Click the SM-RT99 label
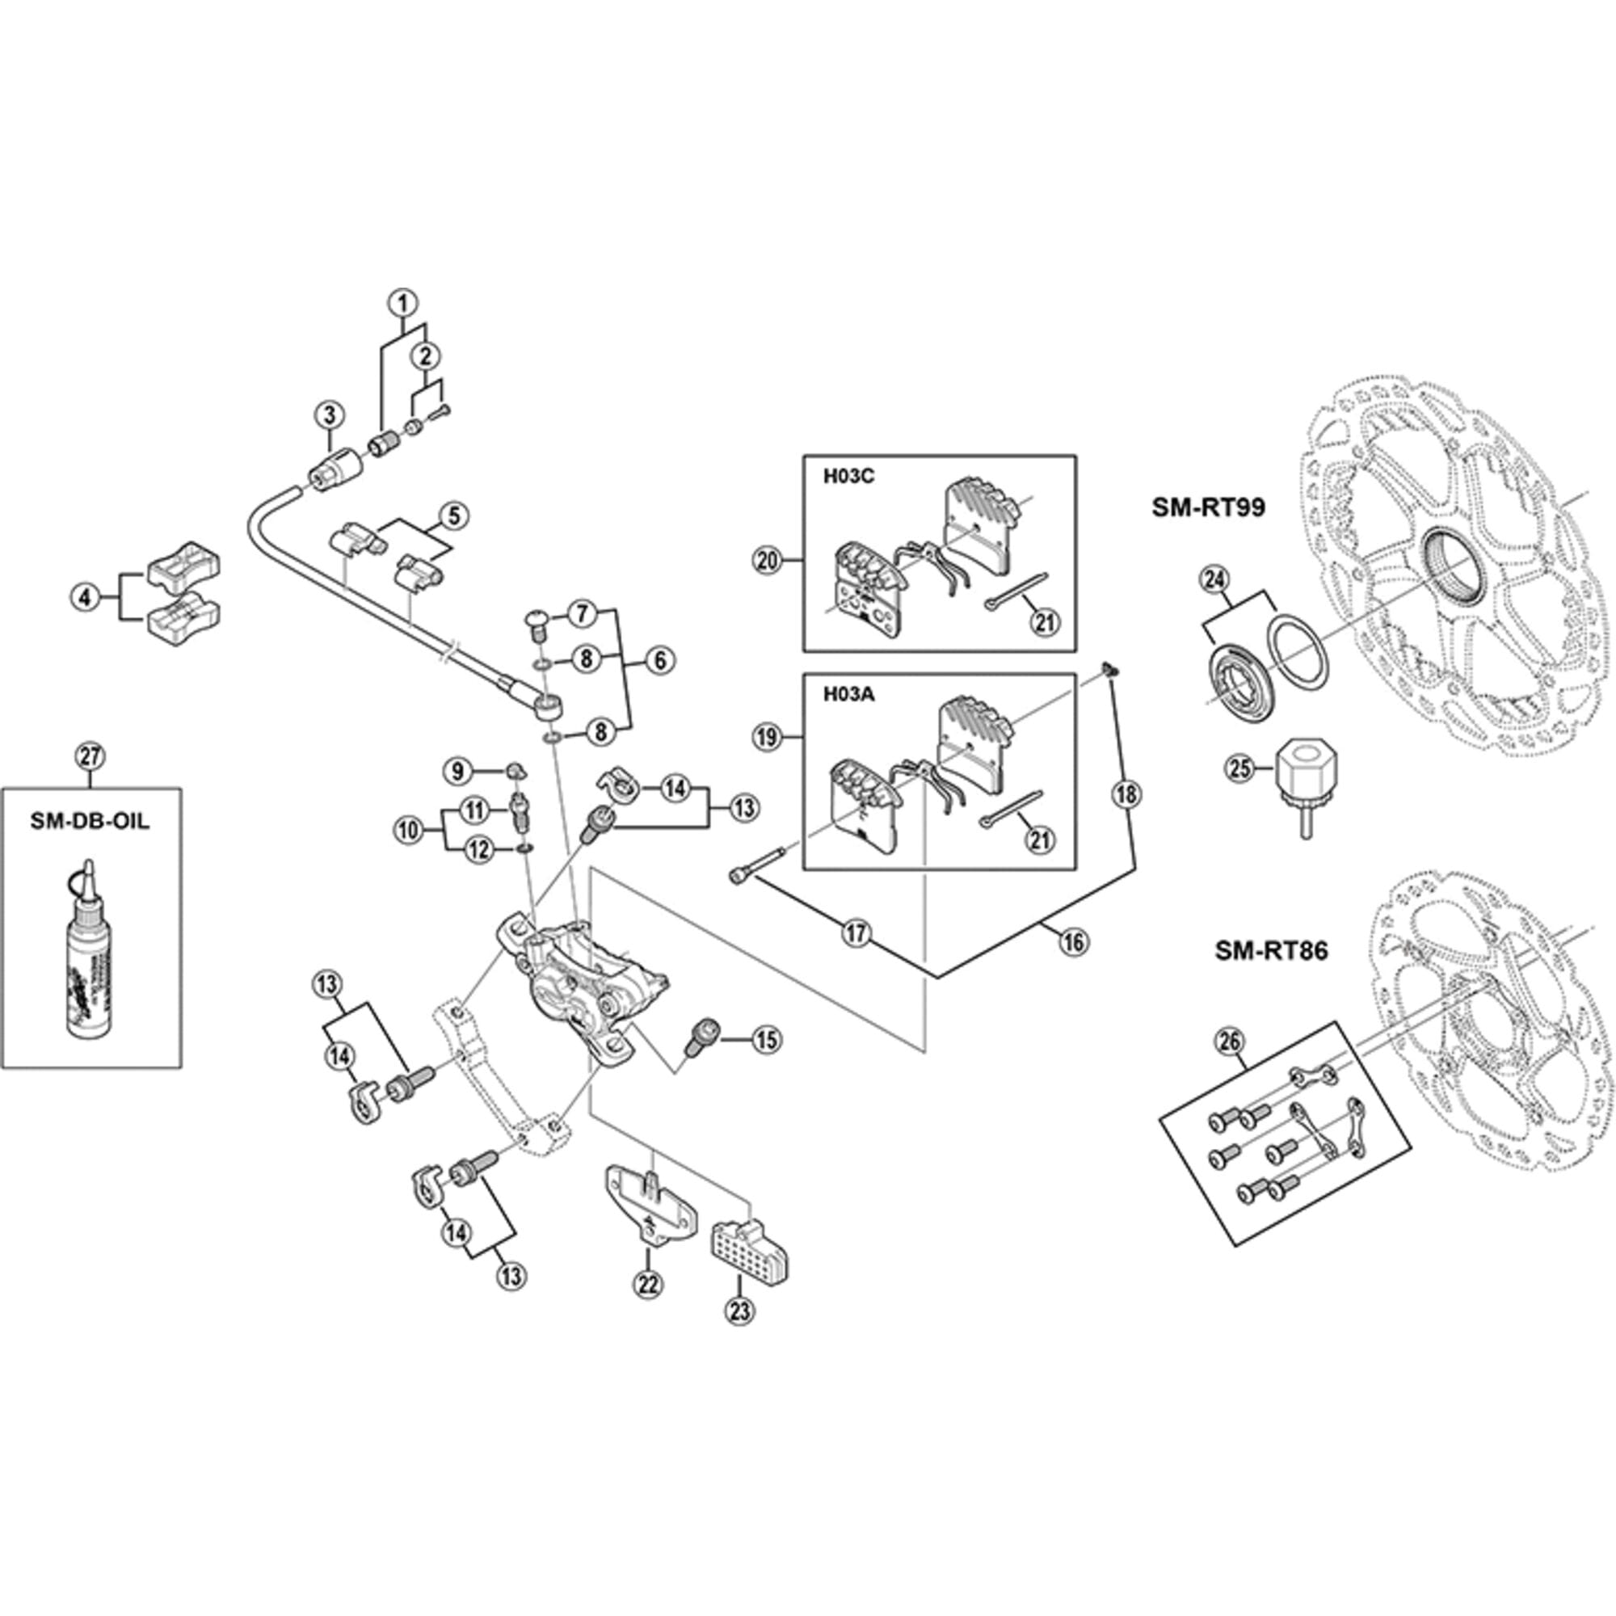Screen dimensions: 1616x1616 pos(1210,507)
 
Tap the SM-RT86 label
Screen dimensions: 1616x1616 pos(1271,951)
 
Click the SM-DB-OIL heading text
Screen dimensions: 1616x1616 pos(90,821)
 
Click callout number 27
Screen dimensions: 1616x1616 pos(90,757)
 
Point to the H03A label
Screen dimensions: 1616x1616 pos(848,694)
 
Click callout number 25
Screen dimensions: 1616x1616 pos(1240,766)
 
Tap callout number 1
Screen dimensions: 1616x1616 pos(402,303)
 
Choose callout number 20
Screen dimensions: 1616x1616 pos(768,561)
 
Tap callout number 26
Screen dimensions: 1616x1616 pos(1231,1042)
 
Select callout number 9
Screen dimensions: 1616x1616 pos(457,770)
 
